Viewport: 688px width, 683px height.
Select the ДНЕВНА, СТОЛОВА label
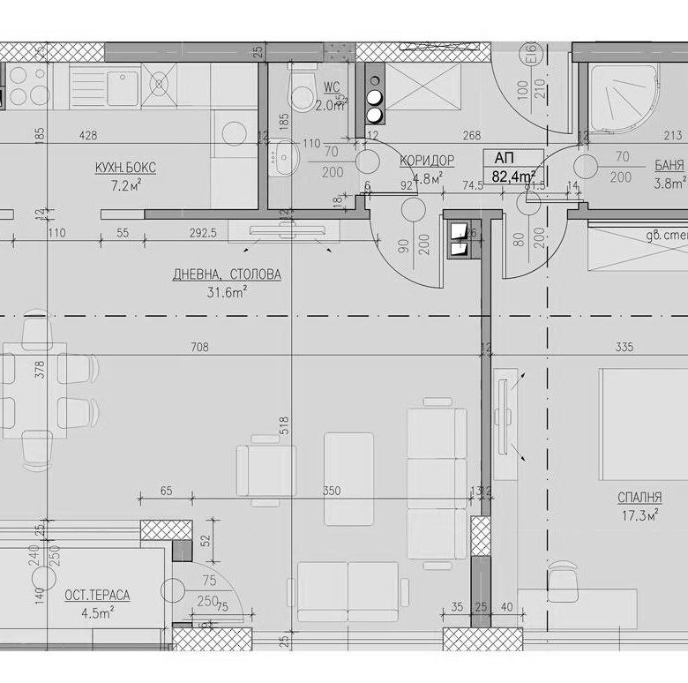[227, 274]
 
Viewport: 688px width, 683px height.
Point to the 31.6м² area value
[226, 292]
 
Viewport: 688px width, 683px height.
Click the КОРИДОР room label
[427, 160]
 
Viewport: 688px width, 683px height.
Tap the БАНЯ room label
[669, 165]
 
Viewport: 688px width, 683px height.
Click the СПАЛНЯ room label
[639, 498]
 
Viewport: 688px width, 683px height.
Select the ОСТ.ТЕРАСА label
[97, 596]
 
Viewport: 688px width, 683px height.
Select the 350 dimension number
[332, 491]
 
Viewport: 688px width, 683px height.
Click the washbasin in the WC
[284, 157]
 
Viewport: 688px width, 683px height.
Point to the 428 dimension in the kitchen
[87, 135]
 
